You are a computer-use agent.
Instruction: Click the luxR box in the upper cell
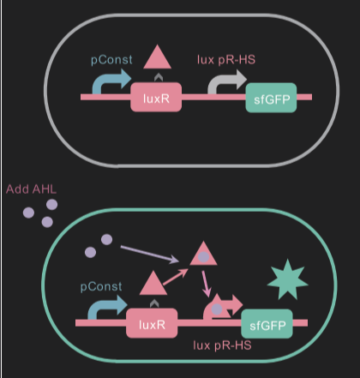156,98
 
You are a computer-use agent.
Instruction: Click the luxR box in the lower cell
152,323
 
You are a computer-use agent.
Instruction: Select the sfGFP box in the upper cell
271,98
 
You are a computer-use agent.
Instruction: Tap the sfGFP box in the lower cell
267,324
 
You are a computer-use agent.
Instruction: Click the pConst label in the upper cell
111,60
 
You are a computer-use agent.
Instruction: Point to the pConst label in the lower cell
101,286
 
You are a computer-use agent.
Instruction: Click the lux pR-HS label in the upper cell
226,60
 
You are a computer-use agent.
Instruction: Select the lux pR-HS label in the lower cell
222,345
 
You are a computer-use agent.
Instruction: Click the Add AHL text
32,189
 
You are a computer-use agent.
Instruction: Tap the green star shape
287,280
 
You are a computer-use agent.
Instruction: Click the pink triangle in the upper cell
157,58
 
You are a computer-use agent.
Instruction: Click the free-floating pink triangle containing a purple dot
203,255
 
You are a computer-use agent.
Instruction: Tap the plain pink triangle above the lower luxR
153,285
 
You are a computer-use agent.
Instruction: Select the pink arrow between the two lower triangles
176,277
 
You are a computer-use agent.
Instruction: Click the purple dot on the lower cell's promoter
217,309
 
